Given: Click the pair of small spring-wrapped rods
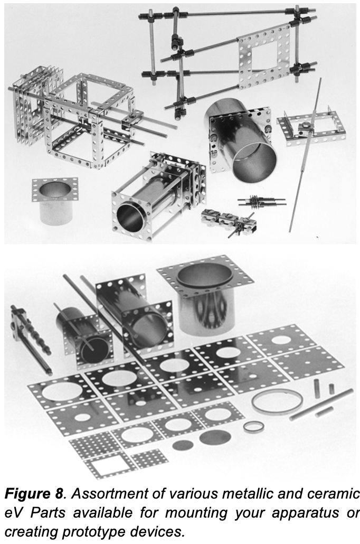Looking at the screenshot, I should pos(261,202).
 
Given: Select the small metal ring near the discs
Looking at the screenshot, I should pos(254,427).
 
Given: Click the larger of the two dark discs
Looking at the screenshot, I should pos(215,437).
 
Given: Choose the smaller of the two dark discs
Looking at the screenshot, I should pos(183,445).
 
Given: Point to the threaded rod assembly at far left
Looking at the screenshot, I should pos(29,338).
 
